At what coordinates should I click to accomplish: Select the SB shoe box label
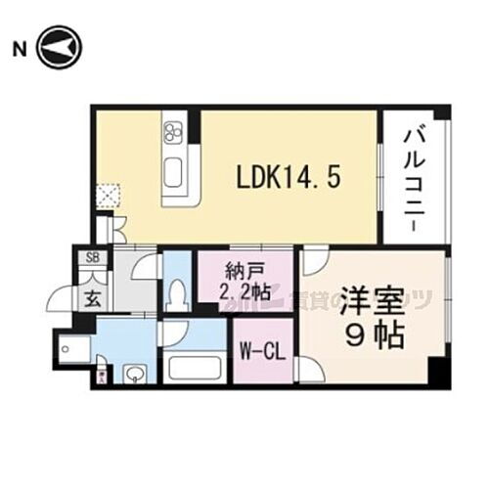pyautogui.click(x=93, y=258)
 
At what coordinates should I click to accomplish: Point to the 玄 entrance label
pyautogui.click(x=90, y=296)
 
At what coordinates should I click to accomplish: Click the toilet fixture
pyautogui.click(x=177, y=292)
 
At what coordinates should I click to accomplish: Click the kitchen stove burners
pyautogui.click(x=175, y=133)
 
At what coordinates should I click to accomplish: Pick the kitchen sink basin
pyautogui.click(x=175, y=174)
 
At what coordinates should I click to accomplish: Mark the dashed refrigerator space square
pyautogui.click(x=107, y=196)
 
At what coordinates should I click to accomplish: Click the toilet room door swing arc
pyautogui.click(x=147, y=266)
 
